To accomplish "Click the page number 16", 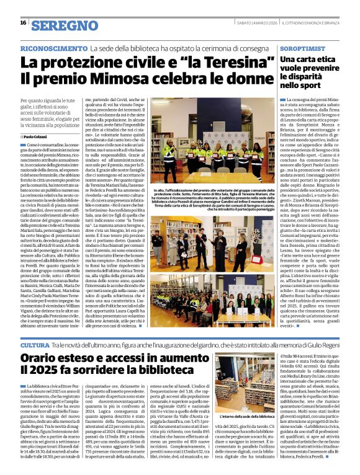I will [x=22, y=23].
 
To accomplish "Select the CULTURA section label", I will [x=35, y=344].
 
